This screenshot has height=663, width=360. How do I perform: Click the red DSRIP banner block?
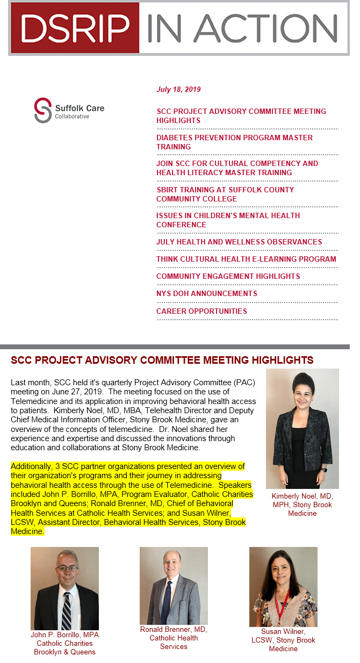click(74, 27)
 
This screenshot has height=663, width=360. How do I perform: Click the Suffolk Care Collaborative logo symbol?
click(42, 110)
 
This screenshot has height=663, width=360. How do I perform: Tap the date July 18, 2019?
click(178, 90)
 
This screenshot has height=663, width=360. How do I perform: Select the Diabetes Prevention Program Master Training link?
click(234, 142)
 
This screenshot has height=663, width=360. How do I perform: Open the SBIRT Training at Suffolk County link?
click(225, 194)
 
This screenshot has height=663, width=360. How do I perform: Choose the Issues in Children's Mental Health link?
click(228, 220)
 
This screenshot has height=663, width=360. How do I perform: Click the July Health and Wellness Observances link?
click(239, 242)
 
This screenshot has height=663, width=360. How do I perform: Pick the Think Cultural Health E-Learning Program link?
click(246, 259)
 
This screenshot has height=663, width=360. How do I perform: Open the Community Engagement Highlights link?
click(228, 276)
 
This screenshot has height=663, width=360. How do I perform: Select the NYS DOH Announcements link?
click(206, 293)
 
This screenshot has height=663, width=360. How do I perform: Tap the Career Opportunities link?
click(201, 311)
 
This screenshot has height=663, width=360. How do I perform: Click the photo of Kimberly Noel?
click(302, 428)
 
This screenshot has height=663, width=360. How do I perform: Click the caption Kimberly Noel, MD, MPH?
click(302, 505)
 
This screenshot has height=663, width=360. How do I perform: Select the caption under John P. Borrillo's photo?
click(64, 643)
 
